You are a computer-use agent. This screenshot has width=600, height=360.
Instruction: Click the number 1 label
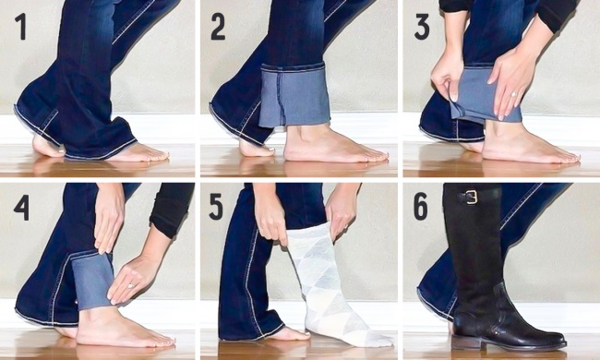(20, 27)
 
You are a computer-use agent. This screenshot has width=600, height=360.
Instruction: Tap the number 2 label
(218, 27)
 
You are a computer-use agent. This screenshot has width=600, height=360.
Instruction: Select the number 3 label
(422, 27)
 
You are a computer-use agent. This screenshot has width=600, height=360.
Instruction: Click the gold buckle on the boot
(472, 197)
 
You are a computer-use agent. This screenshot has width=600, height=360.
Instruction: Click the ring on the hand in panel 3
(513, 94)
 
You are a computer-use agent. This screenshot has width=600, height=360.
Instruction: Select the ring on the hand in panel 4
(131, 285)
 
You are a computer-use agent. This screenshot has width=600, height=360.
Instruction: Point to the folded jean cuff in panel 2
(294, 96)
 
